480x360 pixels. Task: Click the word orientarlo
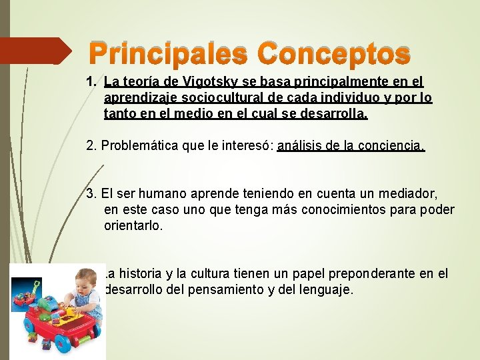tap(133, 226)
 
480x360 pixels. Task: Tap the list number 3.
tap(91, 194)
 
